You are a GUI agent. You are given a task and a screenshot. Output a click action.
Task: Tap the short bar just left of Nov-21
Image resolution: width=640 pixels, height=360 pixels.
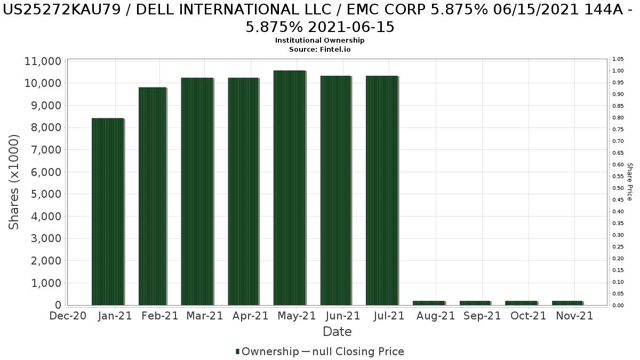(567, 303)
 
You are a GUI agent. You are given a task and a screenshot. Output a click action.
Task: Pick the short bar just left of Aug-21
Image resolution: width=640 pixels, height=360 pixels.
(428, 303)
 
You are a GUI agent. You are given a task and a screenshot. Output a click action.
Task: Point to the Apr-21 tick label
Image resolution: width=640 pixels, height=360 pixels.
(251, 316)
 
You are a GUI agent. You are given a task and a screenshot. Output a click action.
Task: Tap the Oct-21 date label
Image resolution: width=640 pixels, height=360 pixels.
(529, 316)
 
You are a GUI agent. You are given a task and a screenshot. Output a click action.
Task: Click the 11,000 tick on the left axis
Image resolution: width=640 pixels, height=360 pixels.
(43, 61)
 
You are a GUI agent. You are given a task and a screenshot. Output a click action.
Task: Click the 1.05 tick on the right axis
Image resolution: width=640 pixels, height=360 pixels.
(618, 59)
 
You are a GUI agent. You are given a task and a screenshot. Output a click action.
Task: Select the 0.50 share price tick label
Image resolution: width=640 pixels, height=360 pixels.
(618, 188)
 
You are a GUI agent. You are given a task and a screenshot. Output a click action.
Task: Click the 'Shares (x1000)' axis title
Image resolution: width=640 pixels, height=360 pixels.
(14, 182)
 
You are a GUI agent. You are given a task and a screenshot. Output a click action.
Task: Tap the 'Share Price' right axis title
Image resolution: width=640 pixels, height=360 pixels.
(630, 182)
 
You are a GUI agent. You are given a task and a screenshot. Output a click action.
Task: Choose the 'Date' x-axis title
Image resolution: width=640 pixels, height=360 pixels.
(337, 332)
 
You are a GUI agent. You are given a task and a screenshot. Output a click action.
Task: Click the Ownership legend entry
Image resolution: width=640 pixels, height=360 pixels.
(268, 351)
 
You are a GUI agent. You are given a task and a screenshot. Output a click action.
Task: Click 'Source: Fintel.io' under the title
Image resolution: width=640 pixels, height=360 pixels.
(319, 49)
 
